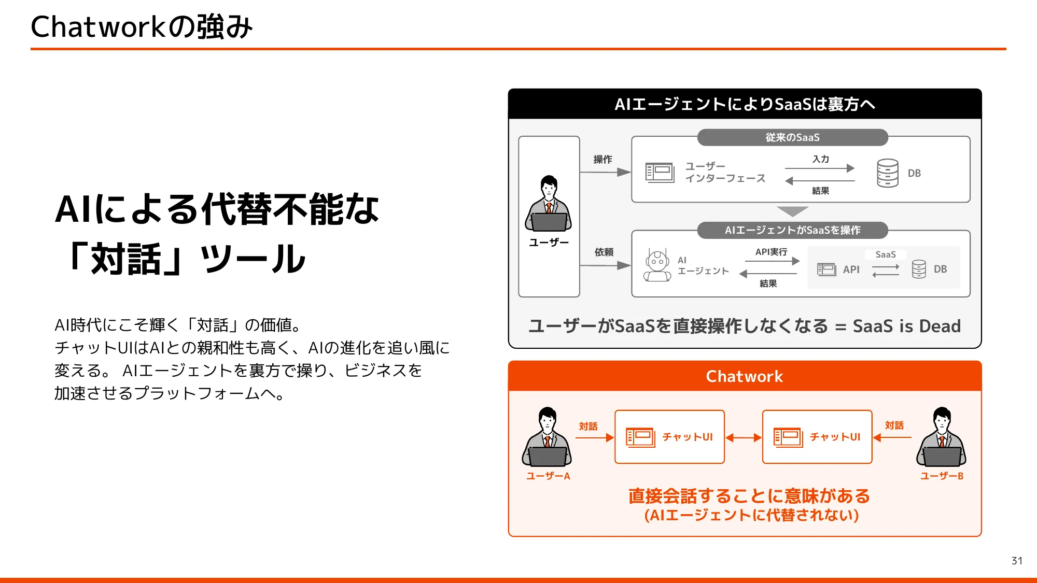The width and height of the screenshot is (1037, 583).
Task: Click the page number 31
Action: tap(1016, 561)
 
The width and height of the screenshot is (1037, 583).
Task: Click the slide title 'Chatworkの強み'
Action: tap(142, 27)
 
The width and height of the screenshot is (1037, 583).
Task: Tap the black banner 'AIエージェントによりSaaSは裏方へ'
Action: tap(745, 104)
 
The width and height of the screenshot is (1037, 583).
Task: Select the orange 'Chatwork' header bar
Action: tap(745, 376)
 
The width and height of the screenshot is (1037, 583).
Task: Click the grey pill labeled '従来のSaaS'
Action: tap(792, 137)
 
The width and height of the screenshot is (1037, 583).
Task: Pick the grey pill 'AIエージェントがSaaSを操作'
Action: tap(792, 230)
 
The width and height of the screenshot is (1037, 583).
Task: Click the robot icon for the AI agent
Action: tap(657, 266)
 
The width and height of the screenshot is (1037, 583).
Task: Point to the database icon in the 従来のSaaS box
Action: tap(887, 173)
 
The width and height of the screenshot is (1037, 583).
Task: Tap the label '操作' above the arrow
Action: tap(602, 160)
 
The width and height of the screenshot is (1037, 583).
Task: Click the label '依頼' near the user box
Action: tap(604, 252)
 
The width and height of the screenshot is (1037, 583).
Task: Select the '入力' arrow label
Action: tap(820, 159)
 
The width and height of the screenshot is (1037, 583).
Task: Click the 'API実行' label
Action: tap(771, 252)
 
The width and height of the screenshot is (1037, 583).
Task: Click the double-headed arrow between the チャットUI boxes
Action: tap(744, 438)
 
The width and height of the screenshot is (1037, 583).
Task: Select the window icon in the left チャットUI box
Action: tap(640, 437)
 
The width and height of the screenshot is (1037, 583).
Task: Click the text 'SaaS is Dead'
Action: tap(906, 326)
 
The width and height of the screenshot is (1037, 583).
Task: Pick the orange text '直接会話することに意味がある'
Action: tap(749, 496)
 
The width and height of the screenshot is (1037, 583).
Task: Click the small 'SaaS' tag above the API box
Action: tap(885, 254)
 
